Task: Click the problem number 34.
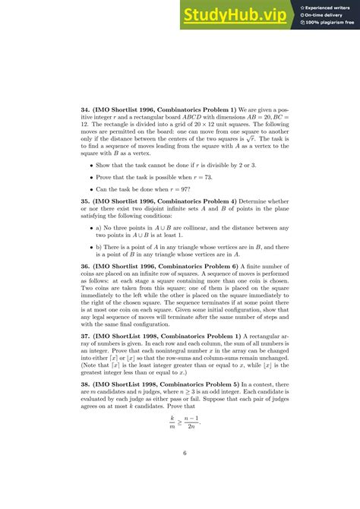[x=86, y=109]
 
